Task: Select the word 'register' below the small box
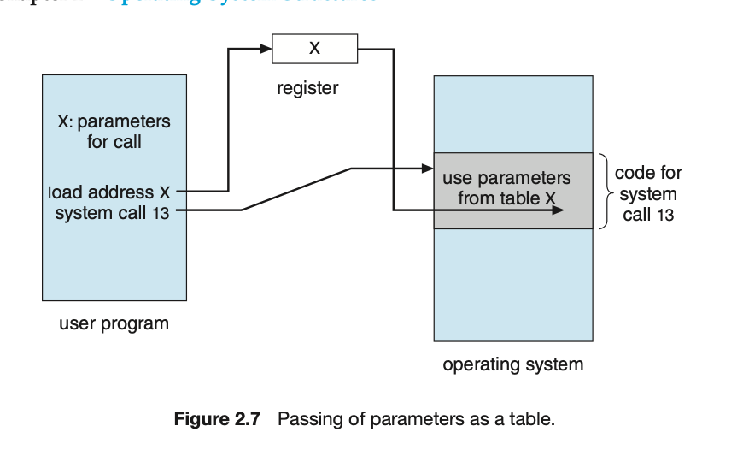(307, 88)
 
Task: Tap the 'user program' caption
(114, 323)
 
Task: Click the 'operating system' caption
(512, 364)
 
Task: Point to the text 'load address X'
(113, 192)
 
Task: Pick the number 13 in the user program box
(161, 214)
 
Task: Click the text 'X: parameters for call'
(114, 131)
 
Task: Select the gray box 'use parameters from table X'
(512, 190)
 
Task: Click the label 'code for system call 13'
(648, 194)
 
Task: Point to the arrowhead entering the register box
(266, 49)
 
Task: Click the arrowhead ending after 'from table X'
(558, 210)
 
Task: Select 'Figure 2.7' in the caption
(221, 420)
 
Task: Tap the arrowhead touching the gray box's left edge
(428, 169)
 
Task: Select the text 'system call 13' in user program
(112, 213)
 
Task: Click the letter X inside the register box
(314, 49)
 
